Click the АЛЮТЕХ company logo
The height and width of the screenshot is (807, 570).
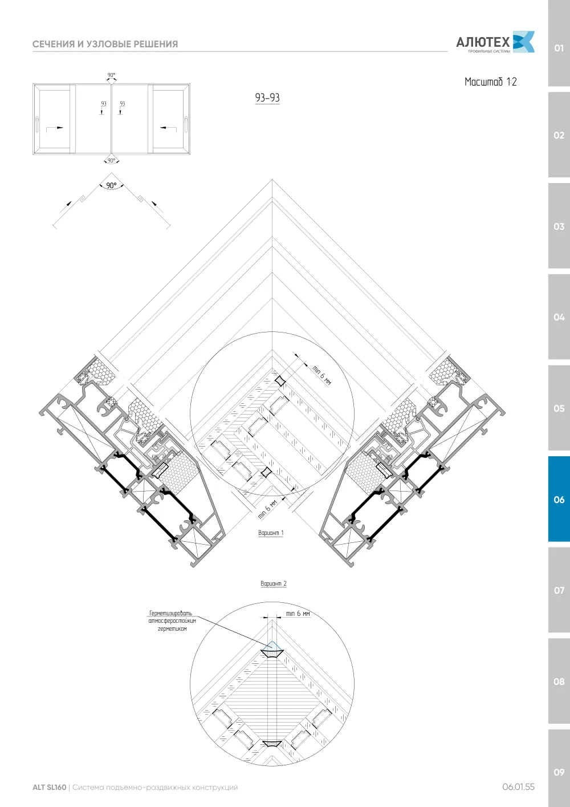tap(495, 42)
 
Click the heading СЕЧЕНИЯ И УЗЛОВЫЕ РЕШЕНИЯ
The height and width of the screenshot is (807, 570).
tap(105, 44)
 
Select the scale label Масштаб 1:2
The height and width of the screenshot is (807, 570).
tap(490, 82)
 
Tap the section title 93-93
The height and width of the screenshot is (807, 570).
tap(267, 98)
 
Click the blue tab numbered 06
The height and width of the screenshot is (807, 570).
tap(559, 499)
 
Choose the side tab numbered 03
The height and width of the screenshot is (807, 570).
tap(559, 226)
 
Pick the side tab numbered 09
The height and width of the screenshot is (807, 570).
tap(559, 772)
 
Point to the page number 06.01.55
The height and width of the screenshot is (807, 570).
tap(519, 787)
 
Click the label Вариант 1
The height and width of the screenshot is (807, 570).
tap(271, 533)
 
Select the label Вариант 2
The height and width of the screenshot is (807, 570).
tap(274, 583)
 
